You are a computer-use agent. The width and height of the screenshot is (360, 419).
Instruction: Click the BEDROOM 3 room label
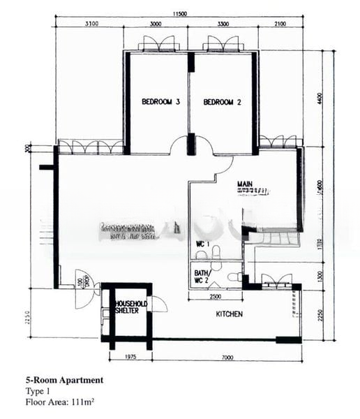[161, 102]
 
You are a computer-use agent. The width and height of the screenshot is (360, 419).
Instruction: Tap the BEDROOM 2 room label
[223, 102]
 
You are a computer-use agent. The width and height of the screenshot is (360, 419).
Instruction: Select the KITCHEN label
[229, 314]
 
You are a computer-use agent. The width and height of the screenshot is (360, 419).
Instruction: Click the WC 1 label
[202, 243]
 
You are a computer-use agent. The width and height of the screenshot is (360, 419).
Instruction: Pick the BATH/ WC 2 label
[202, 277]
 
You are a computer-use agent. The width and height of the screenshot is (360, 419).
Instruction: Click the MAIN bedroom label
[245, 185]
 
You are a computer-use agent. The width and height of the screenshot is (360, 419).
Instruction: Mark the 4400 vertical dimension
[320, 98]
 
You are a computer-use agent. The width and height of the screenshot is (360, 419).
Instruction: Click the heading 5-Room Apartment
[63, 380]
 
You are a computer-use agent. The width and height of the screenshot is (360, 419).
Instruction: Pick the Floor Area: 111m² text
[61, 402]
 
